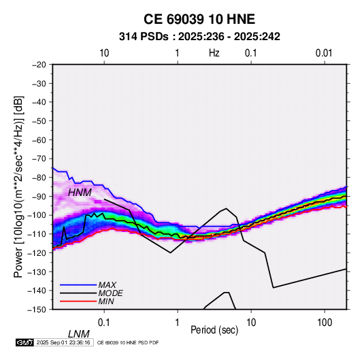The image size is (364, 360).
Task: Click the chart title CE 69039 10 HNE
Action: tap(199, 19)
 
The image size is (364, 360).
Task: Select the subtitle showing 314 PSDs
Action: tap(199, 37)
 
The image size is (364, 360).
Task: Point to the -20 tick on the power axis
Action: tap(39, 65)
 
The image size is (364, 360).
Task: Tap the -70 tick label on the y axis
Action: tap(39, 159)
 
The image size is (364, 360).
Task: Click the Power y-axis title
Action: tap(18, 186)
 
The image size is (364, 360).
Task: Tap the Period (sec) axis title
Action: tap(214, 330)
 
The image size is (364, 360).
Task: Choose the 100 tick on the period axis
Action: tap(325, 323)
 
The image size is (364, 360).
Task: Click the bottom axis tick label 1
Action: tap(178, 323)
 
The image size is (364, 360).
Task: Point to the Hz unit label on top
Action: tap(214, 53)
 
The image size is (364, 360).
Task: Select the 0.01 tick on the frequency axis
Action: tap(324, 53)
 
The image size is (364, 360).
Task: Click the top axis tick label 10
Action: tap(104, 53)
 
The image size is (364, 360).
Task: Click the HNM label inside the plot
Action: tap(80, 193)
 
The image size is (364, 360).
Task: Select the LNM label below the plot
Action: tap(79, 334)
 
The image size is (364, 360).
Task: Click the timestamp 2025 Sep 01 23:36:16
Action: tap(63, 342)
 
